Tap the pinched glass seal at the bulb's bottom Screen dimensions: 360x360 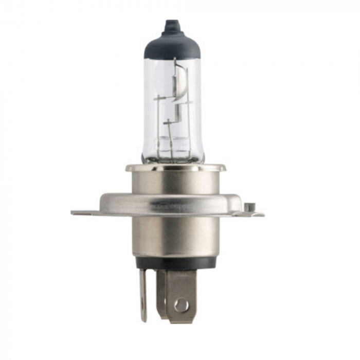point(173,152)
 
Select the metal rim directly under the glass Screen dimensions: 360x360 point(175,168)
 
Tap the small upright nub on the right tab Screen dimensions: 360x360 point(249,207)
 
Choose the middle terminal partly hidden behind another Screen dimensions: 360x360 point(161,291)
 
